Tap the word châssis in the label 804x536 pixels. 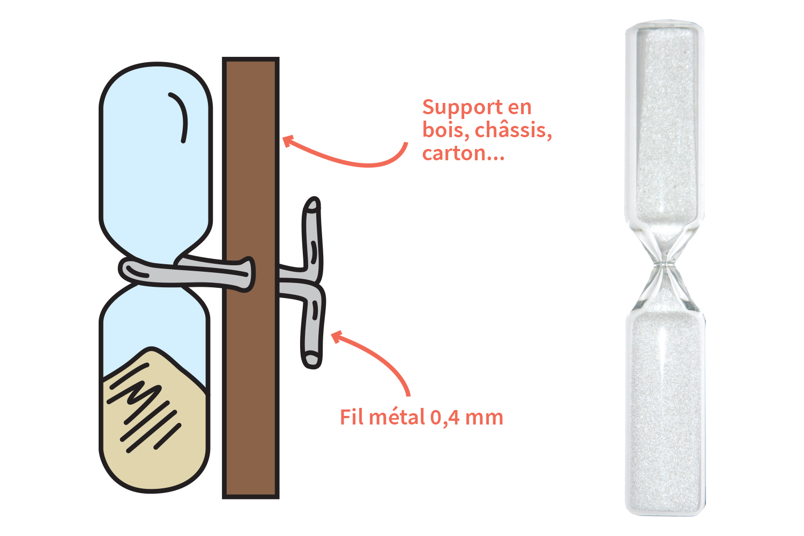(x=513, y=130)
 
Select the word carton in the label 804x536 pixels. (x=453, y=153)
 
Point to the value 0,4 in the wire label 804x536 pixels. (x=445, y=418)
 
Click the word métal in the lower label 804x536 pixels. (x=397, y=417)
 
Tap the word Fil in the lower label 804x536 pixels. (x=352, y=417)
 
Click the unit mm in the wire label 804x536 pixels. (x=484, y=419)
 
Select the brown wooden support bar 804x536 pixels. (x=250, y=278)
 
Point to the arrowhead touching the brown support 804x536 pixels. (x=288, y=141)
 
